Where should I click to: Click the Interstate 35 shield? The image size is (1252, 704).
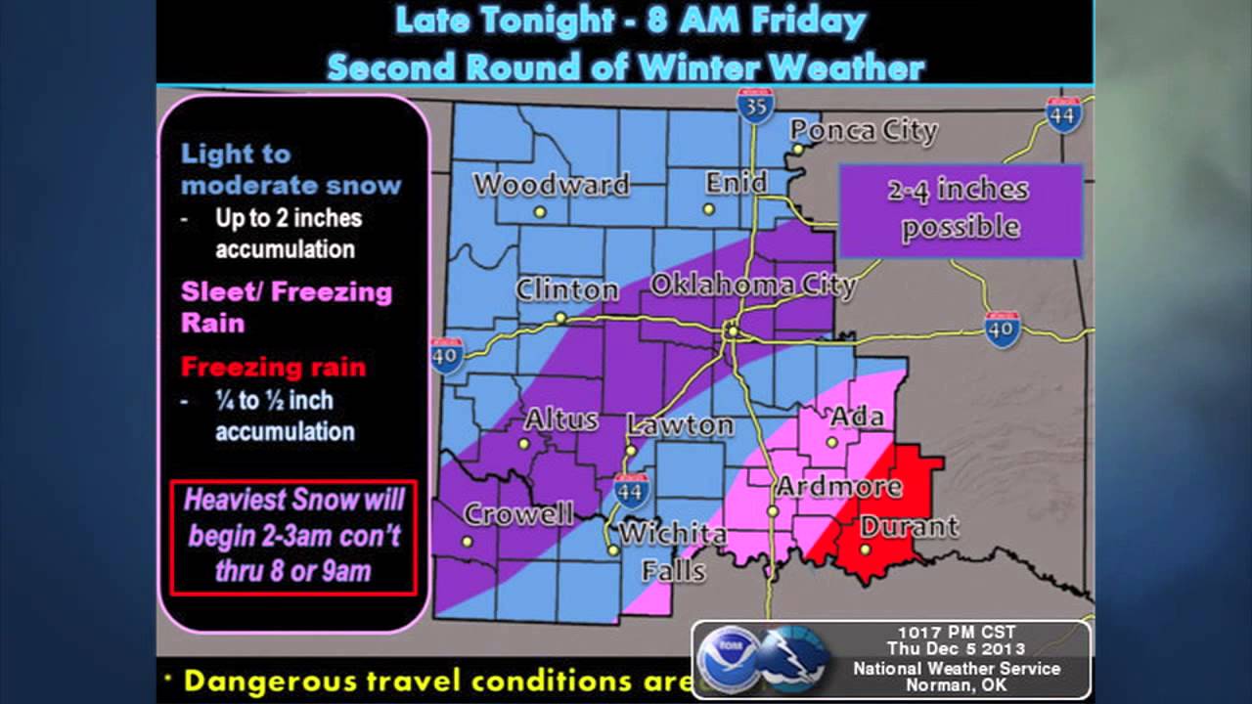pyautogui.click(x=755, y=106)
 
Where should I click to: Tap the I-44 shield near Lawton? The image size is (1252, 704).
pyautogui.click(x=631, y=490)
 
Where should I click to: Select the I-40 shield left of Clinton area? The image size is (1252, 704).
pyautogui.click(x=447, y=356)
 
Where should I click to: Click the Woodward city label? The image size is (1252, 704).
pyautogui.click(x=551, y=185)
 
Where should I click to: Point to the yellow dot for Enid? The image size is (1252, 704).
pyautogui.click(x=709, y=209)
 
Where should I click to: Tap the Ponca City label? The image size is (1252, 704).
pyautogui.click(x=863, y=131)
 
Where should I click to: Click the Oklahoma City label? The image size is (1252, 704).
pyautogui.click(x=752, y=286)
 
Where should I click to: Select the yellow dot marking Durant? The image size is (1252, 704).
pyautogui.click(x=866, y=550)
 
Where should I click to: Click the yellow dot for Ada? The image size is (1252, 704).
pyautogui.click(x=831, y=442)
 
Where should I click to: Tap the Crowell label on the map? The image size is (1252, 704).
pyautogui.click(x=517, y=514)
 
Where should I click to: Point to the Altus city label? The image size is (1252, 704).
pyautogui.click(x=561, y=420)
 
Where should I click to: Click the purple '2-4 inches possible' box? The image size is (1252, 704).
pyautogui.click(x=960, y=209)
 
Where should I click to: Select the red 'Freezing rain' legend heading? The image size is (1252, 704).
pyautogui.click(x=273, y=368)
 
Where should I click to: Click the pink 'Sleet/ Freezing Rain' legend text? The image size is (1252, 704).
pyautogui.click(x=286, y=306)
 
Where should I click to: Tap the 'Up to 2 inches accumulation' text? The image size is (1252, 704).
pyautogui.click(x=287, y=233)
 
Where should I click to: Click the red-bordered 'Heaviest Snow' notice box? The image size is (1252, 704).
pyautogui.click(x=293, y=536)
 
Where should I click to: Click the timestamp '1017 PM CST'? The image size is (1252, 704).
pyautogui.click(x=954, y=632)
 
